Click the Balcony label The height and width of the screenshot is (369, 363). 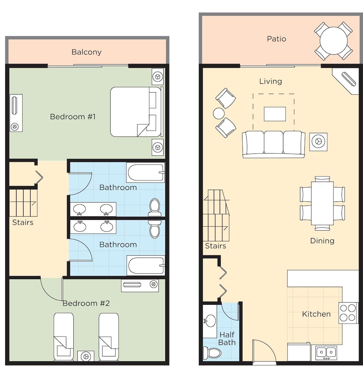click(86, 52)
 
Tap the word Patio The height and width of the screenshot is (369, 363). click(276, 39)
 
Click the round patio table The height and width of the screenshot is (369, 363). click(334, 41)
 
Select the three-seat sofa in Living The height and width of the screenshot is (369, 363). click(274, 144)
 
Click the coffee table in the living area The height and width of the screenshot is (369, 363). click(275, 114)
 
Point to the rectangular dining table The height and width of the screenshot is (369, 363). click(322, 203)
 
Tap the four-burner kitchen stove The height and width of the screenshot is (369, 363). click(348, 313)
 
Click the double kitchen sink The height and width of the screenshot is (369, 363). click(326, 352)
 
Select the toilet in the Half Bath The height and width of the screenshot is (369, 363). click(212, 353)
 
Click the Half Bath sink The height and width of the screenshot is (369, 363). click(210, 321)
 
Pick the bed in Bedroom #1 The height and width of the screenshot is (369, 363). click(136, 112)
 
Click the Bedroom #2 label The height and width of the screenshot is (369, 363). click(86, 303)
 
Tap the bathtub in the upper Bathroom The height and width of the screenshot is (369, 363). click(146, 172)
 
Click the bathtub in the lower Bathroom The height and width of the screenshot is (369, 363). click(146, 265)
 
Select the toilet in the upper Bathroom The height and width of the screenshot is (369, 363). click(155, 207)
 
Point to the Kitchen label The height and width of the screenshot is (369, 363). click(316, 314)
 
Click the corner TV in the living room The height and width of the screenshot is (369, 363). click(348, 79)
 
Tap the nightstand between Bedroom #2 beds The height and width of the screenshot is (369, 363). click(86, 356)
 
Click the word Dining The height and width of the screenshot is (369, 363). click(322, 241)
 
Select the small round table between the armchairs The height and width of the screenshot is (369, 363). click(219, 113)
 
